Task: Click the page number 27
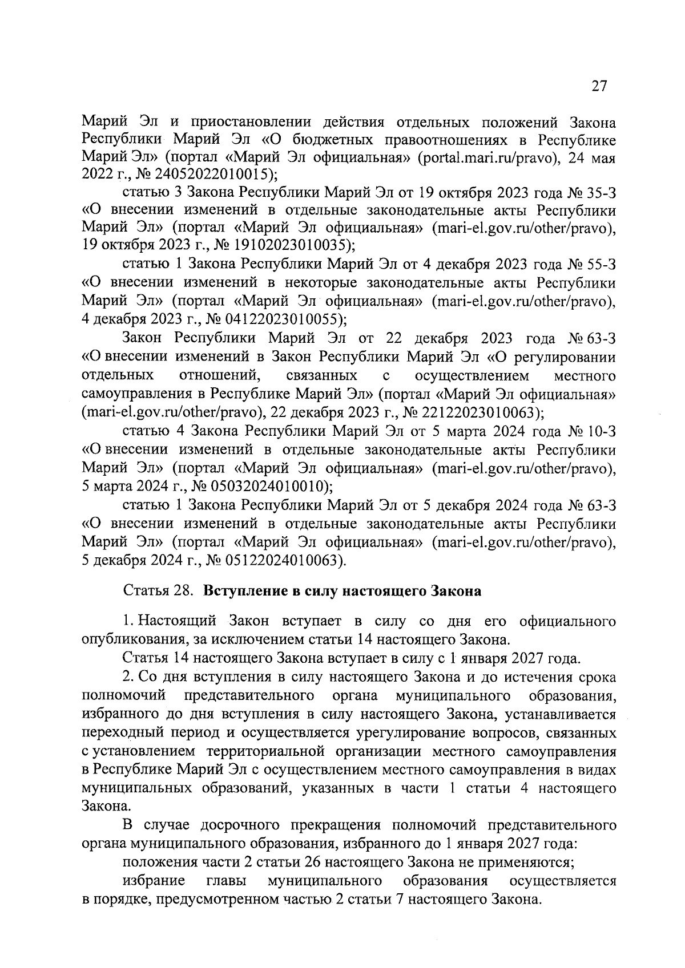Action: (x=599, y=86)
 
